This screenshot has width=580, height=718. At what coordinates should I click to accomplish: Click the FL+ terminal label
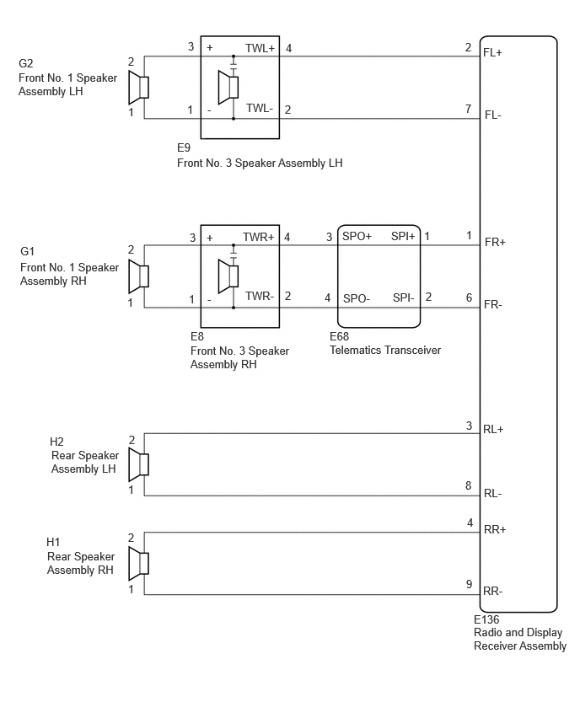[492, 52]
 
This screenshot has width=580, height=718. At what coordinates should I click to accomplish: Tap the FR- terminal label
[493, 305]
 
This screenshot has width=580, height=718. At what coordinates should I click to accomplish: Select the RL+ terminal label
[493, 430]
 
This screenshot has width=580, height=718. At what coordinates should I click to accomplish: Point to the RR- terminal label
[493, 591]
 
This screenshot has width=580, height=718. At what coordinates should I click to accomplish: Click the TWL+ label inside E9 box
[260, 49]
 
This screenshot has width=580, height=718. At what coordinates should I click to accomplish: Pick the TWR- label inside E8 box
[260, 297]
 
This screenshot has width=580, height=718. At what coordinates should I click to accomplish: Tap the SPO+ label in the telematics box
[357, 237]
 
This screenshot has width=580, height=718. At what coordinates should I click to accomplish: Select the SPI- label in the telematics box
[403, 298]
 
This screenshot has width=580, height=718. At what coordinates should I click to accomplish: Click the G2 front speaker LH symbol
[138, 87]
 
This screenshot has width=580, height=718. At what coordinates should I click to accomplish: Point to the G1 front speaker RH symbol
[138, 276]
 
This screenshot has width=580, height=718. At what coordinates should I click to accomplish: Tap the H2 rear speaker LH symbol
[138, 464]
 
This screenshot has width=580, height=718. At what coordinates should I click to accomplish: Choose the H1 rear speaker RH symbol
[138, 564]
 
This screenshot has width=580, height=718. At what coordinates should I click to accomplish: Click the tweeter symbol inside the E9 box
[228, 87]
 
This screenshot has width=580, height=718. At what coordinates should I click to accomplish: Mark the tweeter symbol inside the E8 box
[228, 276]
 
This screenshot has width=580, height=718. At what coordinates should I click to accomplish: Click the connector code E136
[486, 619]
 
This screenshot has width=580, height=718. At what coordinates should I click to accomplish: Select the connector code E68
[340, 336]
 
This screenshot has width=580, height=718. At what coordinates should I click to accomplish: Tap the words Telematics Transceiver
[385, 351]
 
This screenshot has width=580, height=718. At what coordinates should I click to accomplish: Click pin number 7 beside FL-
[468, 109]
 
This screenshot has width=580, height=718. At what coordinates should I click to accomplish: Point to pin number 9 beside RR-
[469, 584]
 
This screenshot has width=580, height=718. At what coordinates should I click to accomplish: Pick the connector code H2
[56, 442]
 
